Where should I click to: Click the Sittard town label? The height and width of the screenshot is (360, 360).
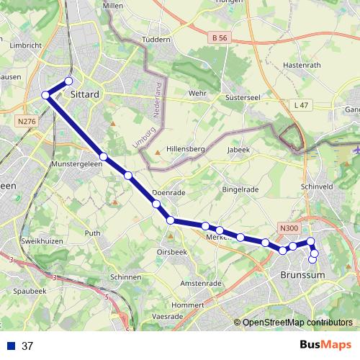[85, 94]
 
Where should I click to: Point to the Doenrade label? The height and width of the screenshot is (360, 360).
[170, 193]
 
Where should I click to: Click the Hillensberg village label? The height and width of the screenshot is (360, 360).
[186, 148]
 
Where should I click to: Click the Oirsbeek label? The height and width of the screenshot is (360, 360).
[172, 252]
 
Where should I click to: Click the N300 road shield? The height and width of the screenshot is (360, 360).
[288, 229]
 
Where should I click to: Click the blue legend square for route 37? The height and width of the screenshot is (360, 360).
[11, 346]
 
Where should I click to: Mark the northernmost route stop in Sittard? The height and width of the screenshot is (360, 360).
[69, 81]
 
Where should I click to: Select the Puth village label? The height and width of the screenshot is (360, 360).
[93, 233]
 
